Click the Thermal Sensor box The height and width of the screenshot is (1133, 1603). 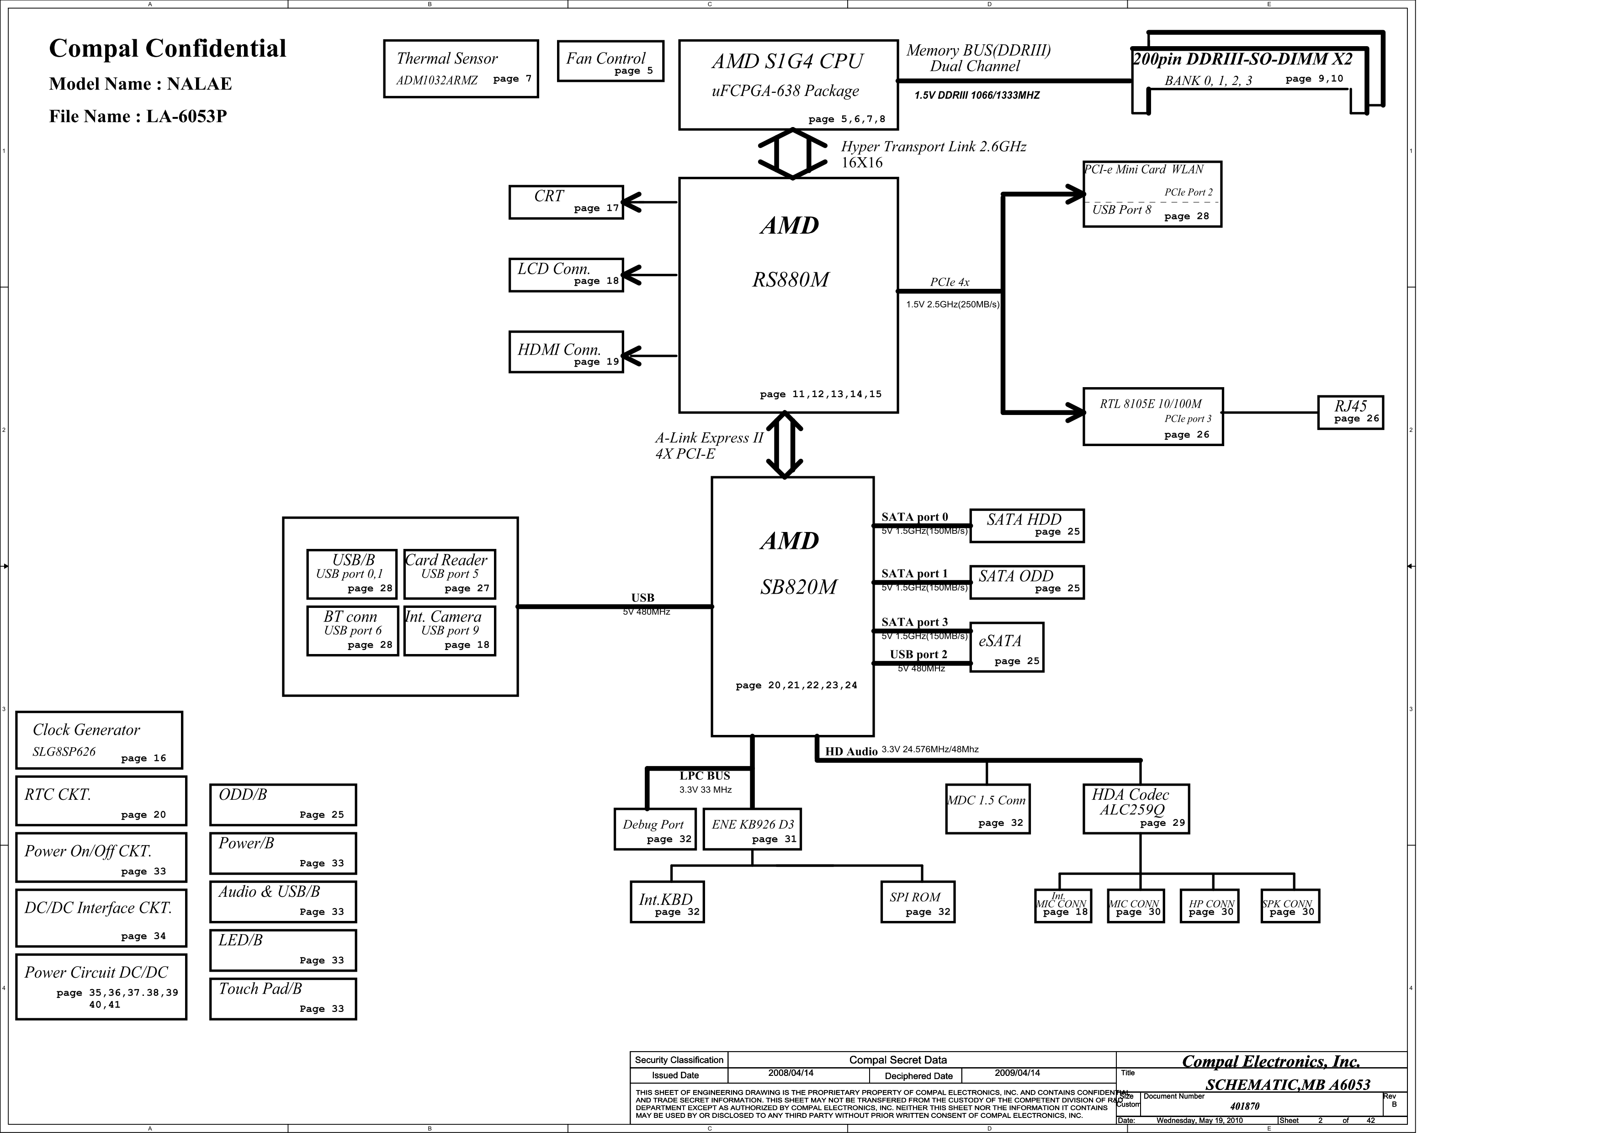[x=461, y=69]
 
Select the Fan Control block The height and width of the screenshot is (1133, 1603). [x=610, y=61]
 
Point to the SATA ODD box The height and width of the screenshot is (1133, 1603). [x=1026, y=582]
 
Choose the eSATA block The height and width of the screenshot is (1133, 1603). [x=1006, y=647]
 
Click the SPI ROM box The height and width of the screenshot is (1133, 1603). [x=917, y=903]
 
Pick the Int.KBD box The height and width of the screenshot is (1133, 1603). [x=667, y=903]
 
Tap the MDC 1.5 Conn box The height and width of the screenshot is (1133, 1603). [x=987, y=809]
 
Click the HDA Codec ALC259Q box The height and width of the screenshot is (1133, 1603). [x=1135, y=809]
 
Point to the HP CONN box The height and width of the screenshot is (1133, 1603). [x=1209, y=906]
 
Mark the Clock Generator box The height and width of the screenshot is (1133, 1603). [x=99, y=740]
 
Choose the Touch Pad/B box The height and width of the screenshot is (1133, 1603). [x=283, y=998]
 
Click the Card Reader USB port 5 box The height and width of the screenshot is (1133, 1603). [x=450, y=574]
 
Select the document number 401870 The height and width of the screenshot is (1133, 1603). [x=1244, y=1106]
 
